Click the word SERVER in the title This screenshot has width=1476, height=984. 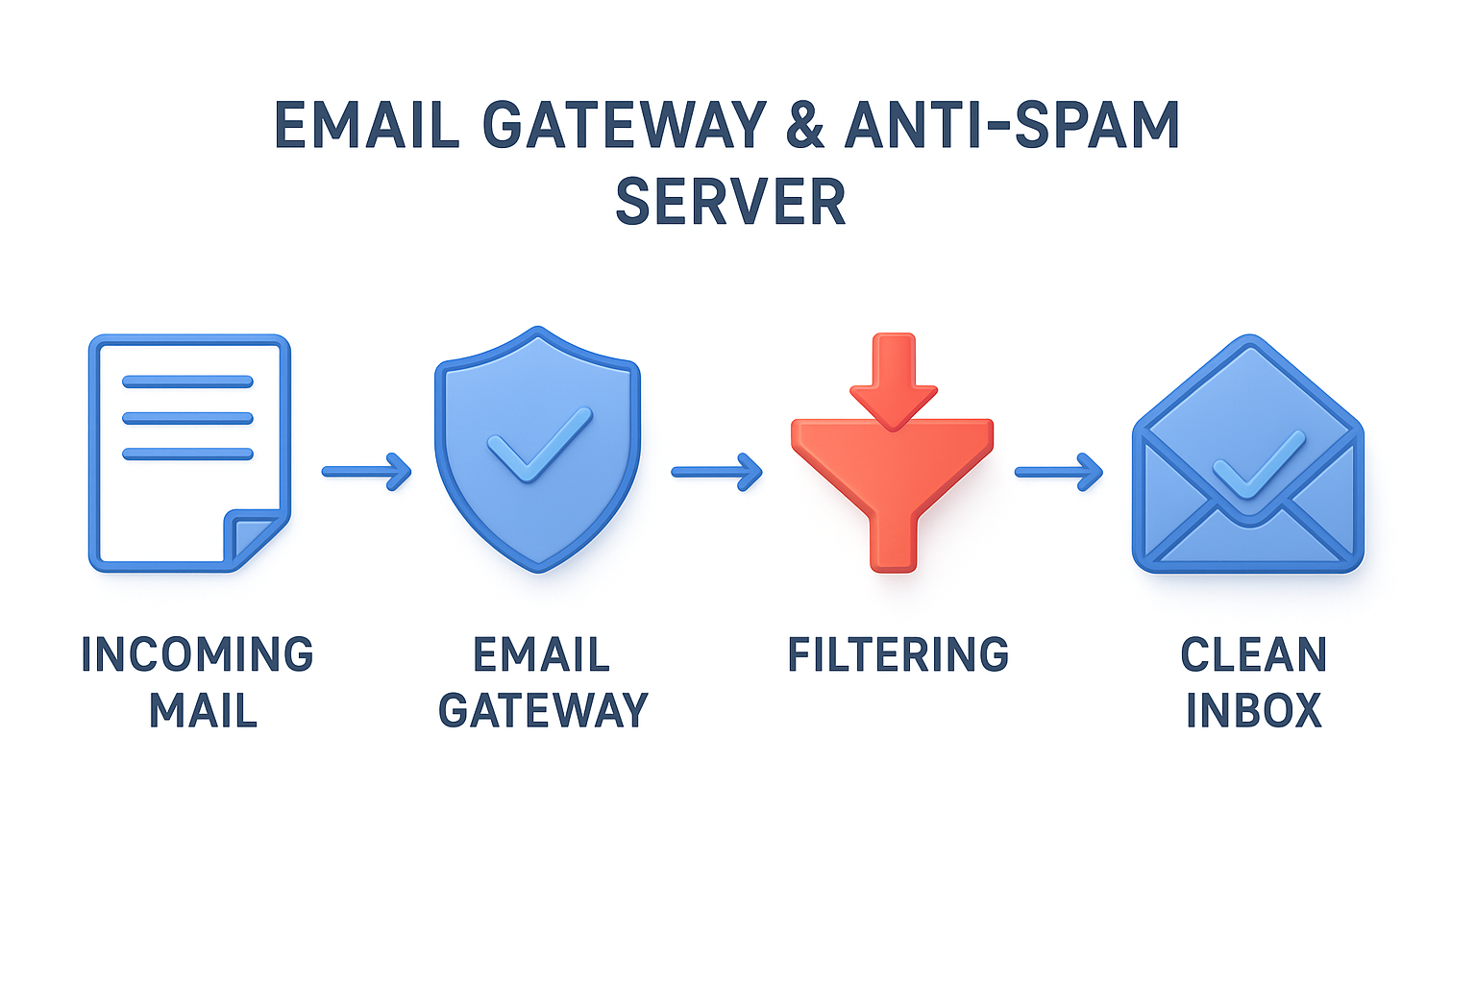click(730, 202)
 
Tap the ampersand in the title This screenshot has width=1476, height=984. click(804, 125)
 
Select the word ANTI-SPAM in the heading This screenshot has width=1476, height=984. click(1011, 125)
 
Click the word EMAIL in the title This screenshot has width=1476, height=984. click(367, 125)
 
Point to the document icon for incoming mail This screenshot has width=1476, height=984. click(189, 453)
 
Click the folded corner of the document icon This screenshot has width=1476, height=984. click(254, 538)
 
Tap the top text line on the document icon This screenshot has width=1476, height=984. click(187, 381)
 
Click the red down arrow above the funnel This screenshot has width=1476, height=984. click(893, 380)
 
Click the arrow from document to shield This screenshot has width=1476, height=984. click(367, 471)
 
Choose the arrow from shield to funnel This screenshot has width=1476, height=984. click(717, 471)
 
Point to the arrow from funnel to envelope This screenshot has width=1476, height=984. click(1059, 471)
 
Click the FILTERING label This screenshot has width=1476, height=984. click(898, 655)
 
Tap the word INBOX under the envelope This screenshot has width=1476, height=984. click(1253, 711)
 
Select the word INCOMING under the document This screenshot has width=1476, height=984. click(197, 655)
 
